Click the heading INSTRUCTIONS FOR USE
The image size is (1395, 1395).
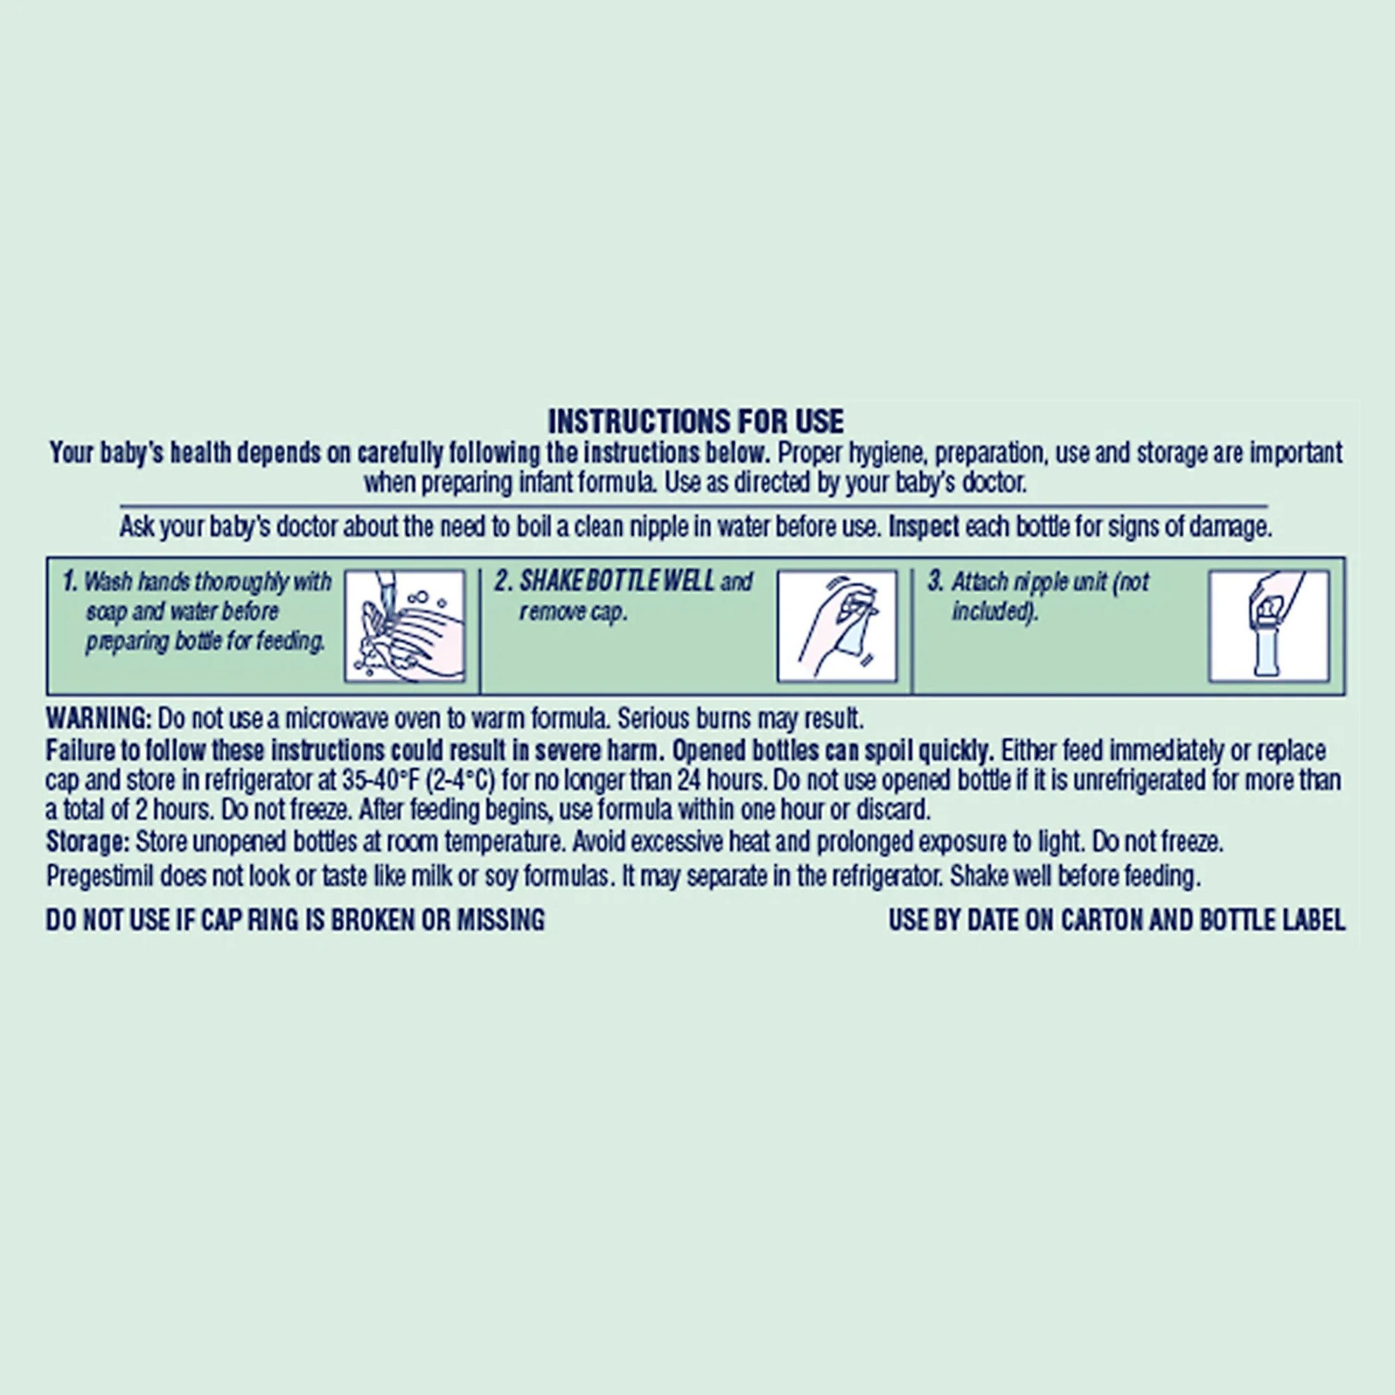click(x=696, y=422)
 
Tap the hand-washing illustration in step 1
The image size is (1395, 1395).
click(x=405, y=626)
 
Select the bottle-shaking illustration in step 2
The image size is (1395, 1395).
click(x=837, y=626)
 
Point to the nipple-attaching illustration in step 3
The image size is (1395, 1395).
click(x=1269, y=626)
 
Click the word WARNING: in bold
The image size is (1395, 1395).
click(x=99, y=718)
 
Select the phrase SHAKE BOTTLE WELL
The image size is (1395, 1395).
click(x=618, y=581)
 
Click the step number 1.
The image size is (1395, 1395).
click(x=69, y=581)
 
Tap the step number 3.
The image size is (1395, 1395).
click(x=935, y=581)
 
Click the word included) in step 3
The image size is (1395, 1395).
click(x=994, y=611)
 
